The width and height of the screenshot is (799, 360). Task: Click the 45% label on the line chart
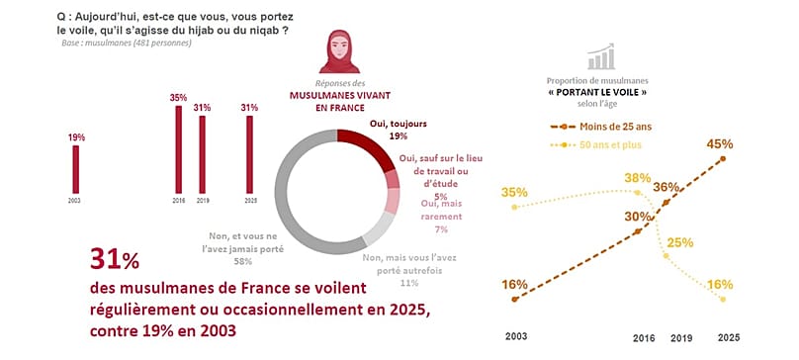tap(720, 143)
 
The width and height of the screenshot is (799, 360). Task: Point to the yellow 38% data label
tap(637, 178)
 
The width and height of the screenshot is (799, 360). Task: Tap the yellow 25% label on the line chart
tap(680, 241)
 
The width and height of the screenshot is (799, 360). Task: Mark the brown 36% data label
tap(666, 187)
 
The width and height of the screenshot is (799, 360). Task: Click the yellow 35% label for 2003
tap(514, 192)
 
